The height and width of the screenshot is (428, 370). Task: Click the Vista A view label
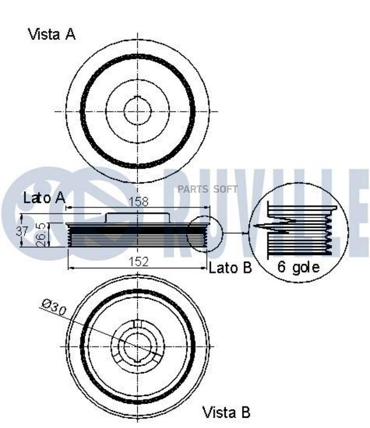pos(52,35)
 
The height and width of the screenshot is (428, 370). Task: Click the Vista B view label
pos(226,412)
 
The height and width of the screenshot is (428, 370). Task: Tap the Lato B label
pos(230,268)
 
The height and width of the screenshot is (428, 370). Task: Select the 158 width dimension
pos(138,202)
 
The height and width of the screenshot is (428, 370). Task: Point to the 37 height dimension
pos(22,231)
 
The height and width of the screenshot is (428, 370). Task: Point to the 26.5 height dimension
pos(40,235)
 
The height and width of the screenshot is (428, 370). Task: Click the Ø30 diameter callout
pos(54,308)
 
